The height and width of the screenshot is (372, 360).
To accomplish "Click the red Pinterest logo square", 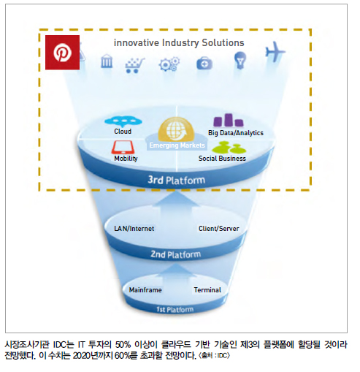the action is pos(62,53).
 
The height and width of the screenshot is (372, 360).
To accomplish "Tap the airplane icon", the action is pos(275,52).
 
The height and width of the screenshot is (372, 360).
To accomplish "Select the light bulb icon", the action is pos(240,60).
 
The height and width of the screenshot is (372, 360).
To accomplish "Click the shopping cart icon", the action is pos(134,65).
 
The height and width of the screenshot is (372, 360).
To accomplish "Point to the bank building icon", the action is pos(107,61).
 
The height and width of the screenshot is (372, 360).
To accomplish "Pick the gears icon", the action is pos(169,64).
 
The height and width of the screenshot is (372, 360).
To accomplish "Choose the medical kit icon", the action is pos(204,64).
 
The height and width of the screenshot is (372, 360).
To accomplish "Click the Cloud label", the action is pos(123,132).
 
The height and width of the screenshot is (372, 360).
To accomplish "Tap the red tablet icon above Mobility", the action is pos(123,147).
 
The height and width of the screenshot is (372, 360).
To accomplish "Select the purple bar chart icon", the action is pos(229,121).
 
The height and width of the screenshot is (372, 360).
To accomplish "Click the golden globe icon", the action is pos(176,130).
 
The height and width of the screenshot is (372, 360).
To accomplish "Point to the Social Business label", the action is pos(222,159).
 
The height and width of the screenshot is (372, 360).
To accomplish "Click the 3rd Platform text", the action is pos(177,180).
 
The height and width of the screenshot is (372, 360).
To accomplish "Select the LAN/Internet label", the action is pos(134,229).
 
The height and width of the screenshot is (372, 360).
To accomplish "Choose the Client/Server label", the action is pos(219,229).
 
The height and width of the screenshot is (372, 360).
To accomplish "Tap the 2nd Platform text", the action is pos(176,254).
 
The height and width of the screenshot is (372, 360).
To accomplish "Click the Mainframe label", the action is pos(145,290).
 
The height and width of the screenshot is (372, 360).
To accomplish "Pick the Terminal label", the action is pos(207,290).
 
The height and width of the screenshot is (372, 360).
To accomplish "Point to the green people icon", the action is pos(229,148).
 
